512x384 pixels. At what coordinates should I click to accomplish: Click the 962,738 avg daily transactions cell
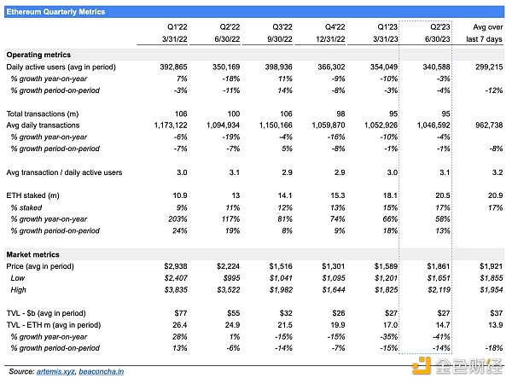[484, 124]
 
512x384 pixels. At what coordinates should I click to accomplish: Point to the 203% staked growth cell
[177, 218]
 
